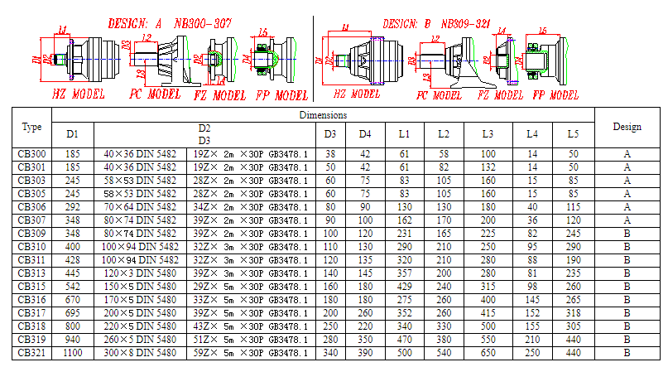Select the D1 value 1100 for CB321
pyautogui.click(x=73, y=352)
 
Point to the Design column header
pyautogui.click(x=627, y=127)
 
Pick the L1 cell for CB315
pyautogui.click(x=404, y=286)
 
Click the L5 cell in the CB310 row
pyautogui.click(x=573, y=246)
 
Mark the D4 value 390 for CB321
pyautogui.click(x=365, y=352)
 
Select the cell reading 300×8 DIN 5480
pyautogui.click(x=141, y=352)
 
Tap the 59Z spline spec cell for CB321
pyautogui.click(x=250, y=352)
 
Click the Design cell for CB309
pyautogui.click(x=627, y=233)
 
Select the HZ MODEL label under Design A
pyautogui.click(x=79, y=94)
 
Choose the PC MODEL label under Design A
pyautogui.click(x=155, y=94)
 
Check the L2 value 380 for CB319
pyautogui.click(x=444, y=339)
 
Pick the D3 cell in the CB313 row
pyautogui.click(x=329, y=273)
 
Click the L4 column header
pyautogui.click(x=532, y=134)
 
